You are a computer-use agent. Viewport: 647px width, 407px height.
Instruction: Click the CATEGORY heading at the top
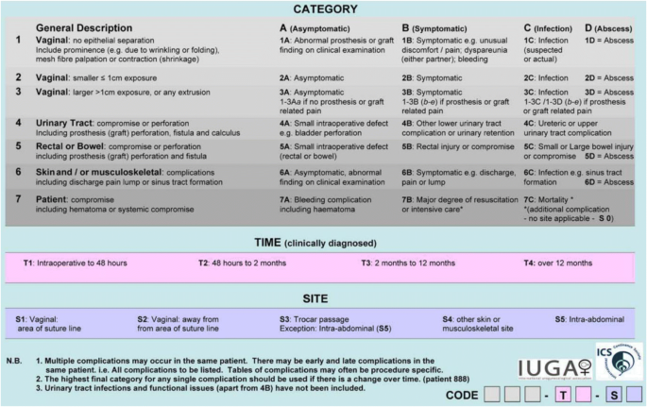322,9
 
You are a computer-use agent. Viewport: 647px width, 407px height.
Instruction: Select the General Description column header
80,28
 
